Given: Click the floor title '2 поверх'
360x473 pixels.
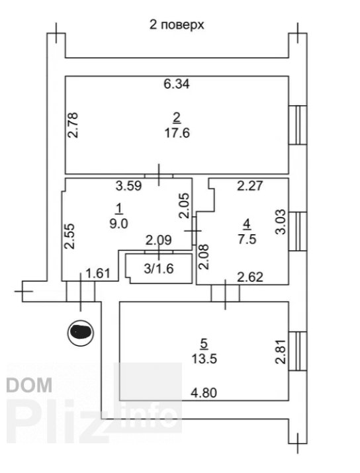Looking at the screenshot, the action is pyautogui.click(x=177, y=24).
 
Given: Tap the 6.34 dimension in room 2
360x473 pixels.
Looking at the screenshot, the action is pyautogui.click(x=177, y=83).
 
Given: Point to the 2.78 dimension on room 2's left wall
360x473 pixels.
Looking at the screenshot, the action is pyautogui.click(x=73, y=125).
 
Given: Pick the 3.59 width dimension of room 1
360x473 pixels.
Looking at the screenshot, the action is pyautogui.click(x=129, y=185).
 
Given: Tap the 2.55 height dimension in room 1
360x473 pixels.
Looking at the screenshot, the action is pyautogui.click(x=70, y=236).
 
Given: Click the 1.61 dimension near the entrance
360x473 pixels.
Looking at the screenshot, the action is pyautogui.click(x=98, y=274).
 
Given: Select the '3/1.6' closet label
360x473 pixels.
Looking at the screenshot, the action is pyautogui.click(x=159, y=269).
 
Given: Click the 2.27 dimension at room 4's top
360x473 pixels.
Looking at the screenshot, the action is pyautogui.click(x=250, y=185).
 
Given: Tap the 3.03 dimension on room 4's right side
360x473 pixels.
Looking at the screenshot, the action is pyautogui.click(x=281, y=222).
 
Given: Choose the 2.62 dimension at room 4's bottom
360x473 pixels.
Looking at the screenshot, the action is pyautogui.click(x=250, y=277).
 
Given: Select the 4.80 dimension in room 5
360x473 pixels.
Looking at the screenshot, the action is pyautogui.click(x=204, y=393).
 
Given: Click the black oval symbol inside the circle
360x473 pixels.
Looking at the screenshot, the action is pyautogui.click(x=81, y=332).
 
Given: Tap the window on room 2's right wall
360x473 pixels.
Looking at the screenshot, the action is pyautogui.click(x=298, y=125).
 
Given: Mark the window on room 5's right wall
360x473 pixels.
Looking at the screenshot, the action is pyautogui.click(x=298, y=351).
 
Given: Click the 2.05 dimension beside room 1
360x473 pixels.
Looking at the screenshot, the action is pyautogui.click(x=185, y=206).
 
